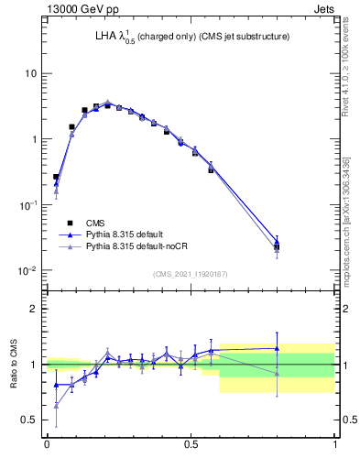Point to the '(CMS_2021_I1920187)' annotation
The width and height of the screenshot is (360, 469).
tap(191, 274)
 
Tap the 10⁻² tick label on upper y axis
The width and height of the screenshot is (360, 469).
tap(27, 270)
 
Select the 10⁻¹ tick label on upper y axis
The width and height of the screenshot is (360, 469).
tap(27, 204)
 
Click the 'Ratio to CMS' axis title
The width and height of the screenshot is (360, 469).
tap(14, 365)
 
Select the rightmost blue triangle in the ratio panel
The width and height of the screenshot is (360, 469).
tap(277, 348)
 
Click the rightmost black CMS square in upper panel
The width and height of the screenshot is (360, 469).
tap(277, 247)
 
